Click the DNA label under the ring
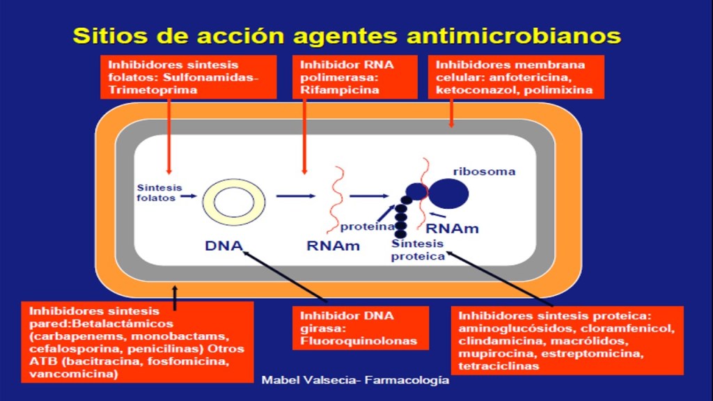click(x=224, y=245)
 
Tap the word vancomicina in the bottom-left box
click(x=69, y=375)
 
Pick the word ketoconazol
click(x=471, y=90)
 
